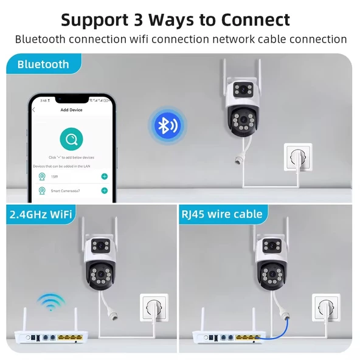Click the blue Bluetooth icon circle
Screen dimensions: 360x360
pos(165,125)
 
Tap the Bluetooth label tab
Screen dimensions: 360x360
pos(43,64)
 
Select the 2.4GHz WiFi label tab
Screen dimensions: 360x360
pos(40,213)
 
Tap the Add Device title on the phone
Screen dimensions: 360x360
pos(72,110)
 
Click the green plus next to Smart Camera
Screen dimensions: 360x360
pos(105,190)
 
